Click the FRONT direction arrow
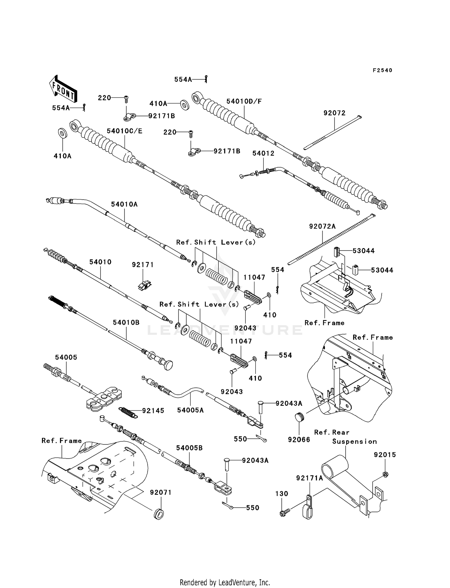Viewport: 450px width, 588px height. (x=62, y=89)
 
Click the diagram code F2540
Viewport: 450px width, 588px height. (x=382, y=70)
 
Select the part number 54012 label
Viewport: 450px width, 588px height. (x=263, y=153)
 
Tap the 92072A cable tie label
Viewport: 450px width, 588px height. (x=322, y=227)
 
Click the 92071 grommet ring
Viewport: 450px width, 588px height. (x=159, y=513)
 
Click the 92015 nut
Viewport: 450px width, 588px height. (x=385, y=475)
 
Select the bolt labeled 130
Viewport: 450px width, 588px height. (x=283, y=514)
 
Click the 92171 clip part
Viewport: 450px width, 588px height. (x=144, y=285)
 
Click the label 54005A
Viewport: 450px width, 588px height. (x=190, y=410)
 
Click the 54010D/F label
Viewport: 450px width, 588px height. (x=244, y=101)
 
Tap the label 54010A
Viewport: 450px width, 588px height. (x=124, y=204)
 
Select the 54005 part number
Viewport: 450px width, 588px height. (x=66, y=357)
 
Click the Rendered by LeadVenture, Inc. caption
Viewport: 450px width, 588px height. (x=225, y=583)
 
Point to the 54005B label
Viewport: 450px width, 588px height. (x=189, y=448)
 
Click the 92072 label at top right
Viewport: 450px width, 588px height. (x=334, y=113)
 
